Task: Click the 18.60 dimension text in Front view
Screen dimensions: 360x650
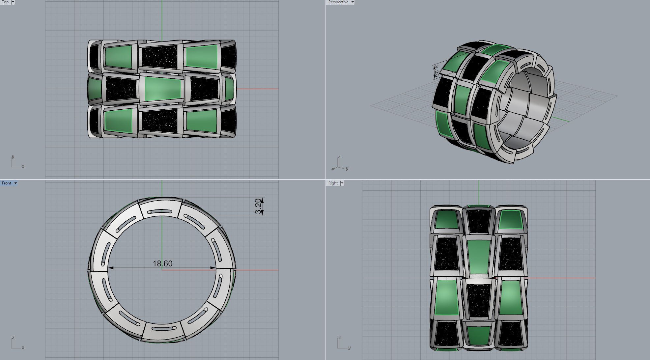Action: (162, 263)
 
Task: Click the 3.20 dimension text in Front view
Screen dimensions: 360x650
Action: (258, 206)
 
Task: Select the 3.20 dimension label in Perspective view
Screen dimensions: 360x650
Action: (436, 71)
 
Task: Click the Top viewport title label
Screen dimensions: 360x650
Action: (5, 2)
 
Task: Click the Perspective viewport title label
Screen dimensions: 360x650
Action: (338, 2)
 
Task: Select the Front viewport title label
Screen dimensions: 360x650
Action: (7, 183)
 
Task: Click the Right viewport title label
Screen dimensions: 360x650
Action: (333, 183)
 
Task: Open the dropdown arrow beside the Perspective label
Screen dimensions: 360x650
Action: (353, 2)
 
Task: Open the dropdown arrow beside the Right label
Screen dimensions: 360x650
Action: (342, 183)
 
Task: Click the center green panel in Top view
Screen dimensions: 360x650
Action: (163, 89)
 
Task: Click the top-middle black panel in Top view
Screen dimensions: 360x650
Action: (159, 57)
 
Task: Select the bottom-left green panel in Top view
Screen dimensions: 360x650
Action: (118, 121)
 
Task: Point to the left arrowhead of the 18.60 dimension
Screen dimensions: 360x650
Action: (111, 268)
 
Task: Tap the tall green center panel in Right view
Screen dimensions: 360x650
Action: (478, 257)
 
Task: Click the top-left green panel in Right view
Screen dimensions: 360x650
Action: (446, 219)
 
